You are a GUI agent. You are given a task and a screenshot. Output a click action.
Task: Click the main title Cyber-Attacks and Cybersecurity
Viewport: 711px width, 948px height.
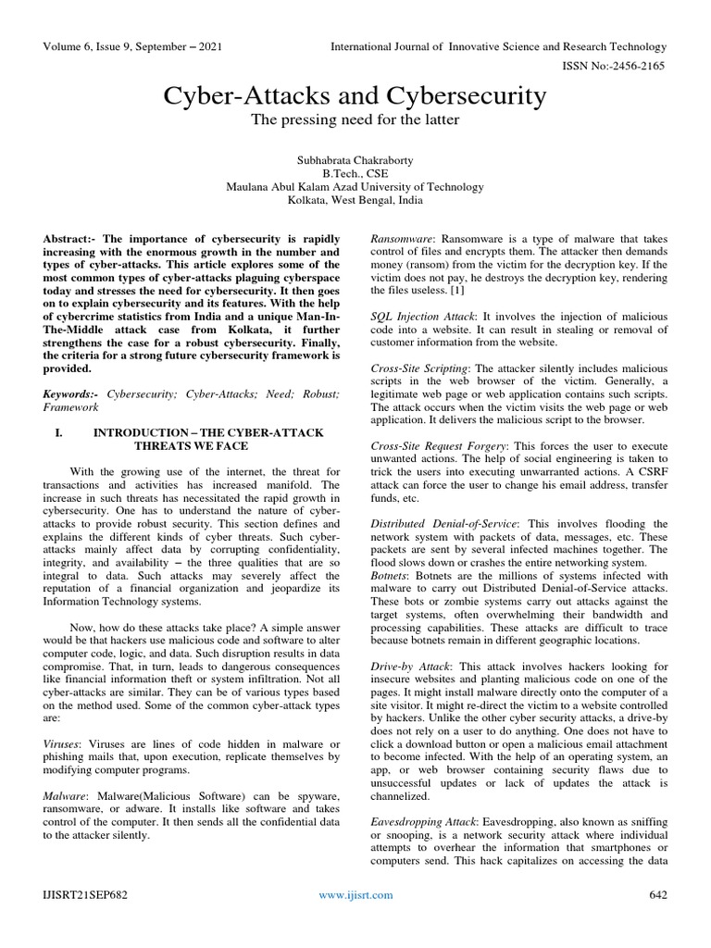(x=355, y=95)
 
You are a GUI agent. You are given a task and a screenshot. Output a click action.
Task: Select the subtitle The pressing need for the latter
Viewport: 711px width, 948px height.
(x=355, y=120)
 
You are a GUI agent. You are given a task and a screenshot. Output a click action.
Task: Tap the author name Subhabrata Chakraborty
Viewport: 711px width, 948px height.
(x=355, y=157)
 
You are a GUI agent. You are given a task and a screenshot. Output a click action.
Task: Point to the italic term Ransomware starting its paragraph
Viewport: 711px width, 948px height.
(x=403, y=238)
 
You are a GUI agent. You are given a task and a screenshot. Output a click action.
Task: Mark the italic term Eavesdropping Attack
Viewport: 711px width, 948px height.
(x=422, y=821)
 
